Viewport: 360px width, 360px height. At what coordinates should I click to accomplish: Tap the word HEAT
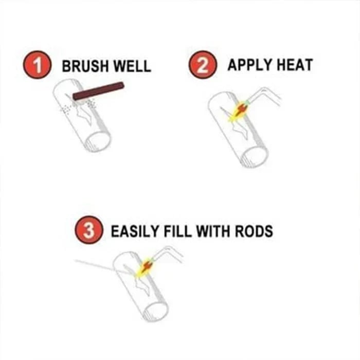coord(295,66)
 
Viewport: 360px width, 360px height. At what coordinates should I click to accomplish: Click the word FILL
coord(182,230)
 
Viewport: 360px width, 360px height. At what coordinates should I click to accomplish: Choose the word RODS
coord(255,230)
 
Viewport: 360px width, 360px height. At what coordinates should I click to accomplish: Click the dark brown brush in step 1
coord(99,91)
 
